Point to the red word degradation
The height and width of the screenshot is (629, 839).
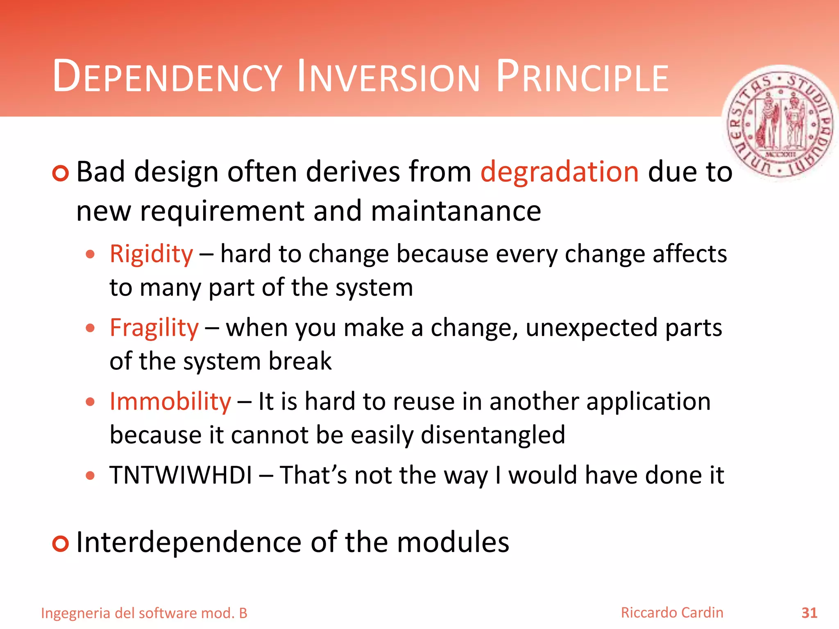click(x=559, y=172)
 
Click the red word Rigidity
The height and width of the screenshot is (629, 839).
click(x=151, y=254)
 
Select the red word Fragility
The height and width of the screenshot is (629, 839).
click(x=154, y=328)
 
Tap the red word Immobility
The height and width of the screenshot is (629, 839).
click(x=170, y=402)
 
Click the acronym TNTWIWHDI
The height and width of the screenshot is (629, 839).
click(x=181, y=475)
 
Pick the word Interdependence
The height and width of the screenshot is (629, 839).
click(x=189, y=542)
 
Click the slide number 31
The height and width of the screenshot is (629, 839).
click(x=809, y=613)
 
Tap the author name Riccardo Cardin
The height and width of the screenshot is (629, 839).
click(x=672, y=613)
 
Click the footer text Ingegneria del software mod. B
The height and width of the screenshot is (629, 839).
click(x=144, y=613)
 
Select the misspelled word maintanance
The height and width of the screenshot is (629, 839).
click(x=456, y=211)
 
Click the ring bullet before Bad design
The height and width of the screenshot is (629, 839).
click(x=61, y=173)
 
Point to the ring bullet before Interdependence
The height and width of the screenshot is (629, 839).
click(x=61, y=543)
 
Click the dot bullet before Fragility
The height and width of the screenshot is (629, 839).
click(x=91, y=328)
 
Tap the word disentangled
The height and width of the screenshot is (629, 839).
click(x=493, y=435)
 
